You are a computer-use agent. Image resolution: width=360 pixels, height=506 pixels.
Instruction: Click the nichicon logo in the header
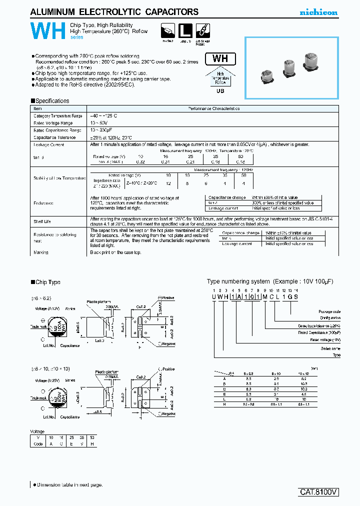point(318,12)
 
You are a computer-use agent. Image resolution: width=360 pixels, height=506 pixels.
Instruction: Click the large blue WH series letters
point(48,31)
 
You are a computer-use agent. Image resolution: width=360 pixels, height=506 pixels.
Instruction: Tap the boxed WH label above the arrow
point(220,58)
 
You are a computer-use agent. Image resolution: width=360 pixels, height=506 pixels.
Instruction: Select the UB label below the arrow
point(220,91)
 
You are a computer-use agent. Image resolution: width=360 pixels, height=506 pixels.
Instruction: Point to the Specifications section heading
point(50,100)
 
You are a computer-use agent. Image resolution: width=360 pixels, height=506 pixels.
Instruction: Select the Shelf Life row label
point(42,221)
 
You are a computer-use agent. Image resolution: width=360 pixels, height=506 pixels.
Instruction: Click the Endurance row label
point(43,203)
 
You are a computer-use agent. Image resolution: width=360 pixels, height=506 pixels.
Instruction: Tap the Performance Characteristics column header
point(213,108)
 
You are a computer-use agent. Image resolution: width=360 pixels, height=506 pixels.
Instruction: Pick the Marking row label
point(40,252)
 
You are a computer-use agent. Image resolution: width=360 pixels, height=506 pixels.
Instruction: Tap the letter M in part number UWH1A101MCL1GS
point(265,296)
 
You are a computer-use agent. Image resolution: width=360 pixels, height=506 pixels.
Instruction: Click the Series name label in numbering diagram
point(330,348)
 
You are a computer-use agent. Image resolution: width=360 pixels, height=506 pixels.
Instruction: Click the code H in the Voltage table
point(91,443)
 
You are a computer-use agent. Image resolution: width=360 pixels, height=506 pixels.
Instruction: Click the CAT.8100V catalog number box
point(319,491)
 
